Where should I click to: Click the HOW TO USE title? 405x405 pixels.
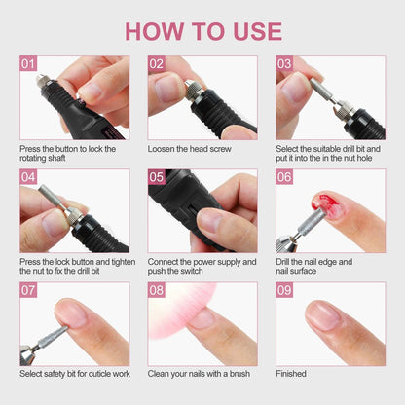[202, 30]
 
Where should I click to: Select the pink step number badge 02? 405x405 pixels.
[157, 64]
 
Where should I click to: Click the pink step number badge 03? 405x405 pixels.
[284, 64]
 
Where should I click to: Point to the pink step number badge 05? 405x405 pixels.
[157, 178]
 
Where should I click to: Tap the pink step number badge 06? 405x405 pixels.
[284, 178]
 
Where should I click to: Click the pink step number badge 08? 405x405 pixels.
[157, 291]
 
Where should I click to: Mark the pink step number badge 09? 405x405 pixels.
[284, 291]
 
